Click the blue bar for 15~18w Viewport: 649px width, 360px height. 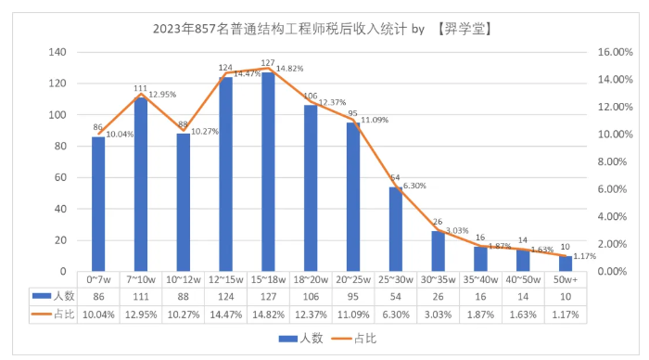268,172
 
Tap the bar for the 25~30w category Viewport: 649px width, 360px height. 396,229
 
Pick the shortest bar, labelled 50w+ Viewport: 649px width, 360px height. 566,264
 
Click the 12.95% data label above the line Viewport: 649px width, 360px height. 164,94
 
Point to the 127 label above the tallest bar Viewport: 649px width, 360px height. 267,64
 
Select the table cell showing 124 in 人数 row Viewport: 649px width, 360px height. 225,296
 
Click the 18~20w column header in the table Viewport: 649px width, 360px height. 311,279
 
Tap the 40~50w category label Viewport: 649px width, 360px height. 523,279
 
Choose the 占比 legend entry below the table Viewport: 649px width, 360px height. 363,340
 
